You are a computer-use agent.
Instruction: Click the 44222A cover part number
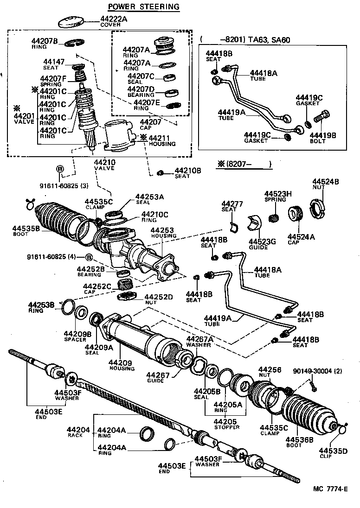pos(114,19)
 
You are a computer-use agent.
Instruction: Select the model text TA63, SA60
pos(269,40)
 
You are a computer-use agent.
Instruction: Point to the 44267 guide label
pos(155,375)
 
